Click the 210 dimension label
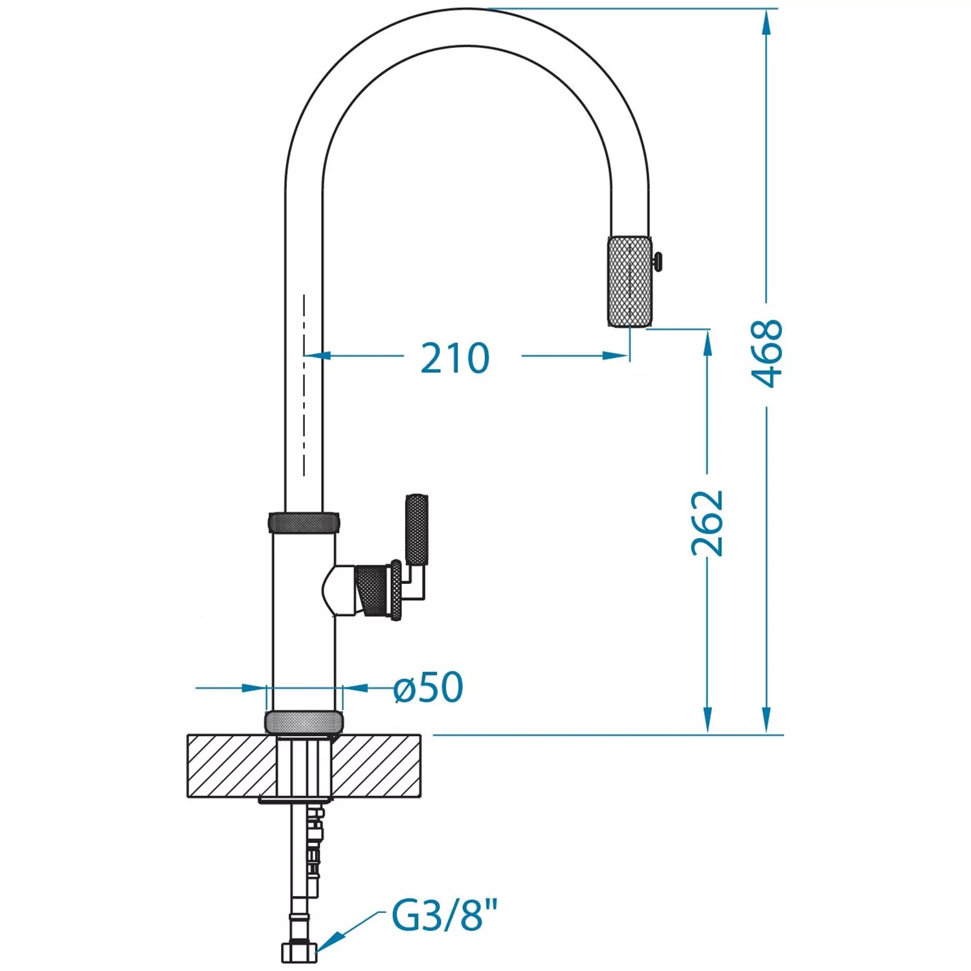coord(455,358)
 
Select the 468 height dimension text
coord(768,353)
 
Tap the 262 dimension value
coord(707,523)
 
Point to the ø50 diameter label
coord(429,687)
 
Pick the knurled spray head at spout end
coord(629,282)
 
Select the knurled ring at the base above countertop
coord(304,722)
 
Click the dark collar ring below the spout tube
coord(304,522)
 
